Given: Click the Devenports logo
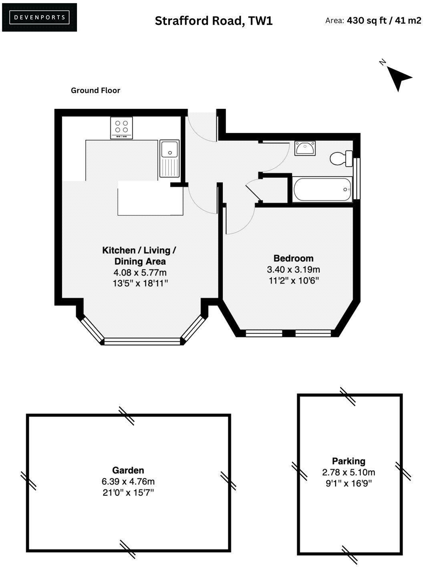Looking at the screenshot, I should pos(39,17).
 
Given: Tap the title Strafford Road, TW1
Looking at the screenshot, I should pos(214,21).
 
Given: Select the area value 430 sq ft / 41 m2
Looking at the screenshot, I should pos(384,20).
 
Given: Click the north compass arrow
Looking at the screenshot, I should pos(398,77).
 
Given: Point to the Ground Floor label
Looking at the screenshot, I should pos(95,90).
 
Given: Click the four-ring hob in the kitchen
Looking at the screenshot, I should pos(121,128).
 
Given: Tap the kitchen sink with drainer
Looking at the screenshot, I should pos(170,158).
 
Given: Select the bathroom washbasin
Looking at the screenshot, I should pos(305,148).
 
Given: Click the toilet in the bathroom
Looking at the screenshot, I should pos(341,159).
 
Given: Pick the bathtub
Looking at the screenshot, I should pos(322,189).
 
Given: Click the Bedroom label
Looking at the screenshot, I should pos(293,258).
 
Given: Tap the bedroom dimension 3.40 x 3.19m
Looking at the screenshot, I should pos(293,269).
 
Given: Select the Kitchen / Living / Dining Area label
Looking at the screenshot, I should pos(139,256).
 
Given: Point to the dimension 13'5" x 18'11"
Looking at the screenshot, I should pos(140,283).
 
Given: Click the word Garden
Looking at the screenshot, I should pos(128,470).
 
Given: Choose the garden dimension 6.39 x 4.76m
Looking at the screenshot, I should pos(128,481).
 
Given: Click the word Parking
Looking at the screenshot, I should pos(348,461).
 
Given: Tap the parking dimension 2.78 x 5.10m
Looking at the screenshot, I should pos(348,472).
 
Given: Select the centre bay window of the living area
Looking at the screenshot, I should pos(142,341).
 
